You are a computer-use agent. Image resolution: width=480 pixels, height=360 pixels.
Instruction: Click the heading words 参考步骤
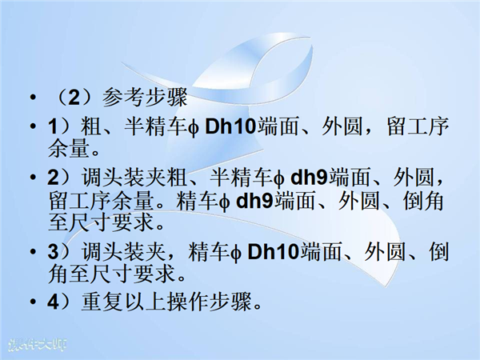click(145, 98)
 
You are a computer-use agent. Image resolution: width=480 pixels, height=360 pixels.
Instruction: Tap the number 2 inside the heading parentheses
click(74, 98)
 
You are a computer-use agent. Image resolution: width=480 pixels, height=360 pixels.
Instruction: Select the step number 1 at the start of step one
click(53, 126)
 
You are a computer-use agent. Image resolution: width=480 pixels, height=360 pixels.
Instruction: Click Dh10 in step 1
click(230, 126)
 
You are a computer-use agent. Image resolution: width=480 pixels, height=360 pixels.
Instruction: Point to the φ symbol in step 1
click(194, 128)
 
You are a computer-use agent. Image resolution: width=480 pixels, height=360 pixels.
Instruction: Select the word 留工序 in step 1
click(418, 126)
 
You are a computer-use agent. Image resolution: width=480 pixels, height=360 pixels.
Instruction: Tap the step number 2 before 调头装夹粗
click(53, 178)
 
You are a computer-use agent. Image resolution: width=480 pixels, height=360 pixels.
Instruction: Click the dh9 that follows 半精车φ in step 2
click(309, 177)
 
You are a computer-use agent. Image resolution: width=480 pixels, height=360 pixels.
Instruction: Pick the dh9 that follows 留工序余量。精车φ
click(255, 201)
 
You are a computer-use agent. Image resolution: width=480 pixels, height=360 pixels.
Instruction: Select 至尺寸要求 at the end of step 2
click(101, 222)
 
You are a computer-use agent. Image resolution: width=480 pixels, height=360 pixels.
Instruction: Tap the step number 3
click(53, 252)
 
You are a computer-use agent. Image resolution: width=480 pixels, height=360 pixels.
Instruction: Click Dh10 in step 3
click(273, 252)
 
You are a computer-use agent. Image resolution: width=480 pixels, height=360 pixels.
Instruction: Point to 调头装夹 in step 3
click(123, 252)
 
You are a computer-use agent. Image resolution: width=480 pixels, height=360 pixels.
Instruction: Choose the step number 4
click(53, 302)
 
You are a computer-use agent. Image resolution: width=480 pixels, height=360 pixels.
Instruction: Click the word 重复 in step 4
click(102, 302)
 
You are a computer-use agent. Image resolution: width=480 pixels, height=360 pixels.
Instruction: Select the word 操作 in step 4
click(187, 302)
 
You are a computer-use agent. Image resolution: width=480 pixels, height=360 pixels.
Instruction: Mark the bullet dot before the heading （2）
click(33, 98)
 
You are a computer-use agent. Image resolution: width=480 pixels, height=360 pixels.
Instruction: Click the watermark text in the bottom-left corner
click(37, 345)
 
